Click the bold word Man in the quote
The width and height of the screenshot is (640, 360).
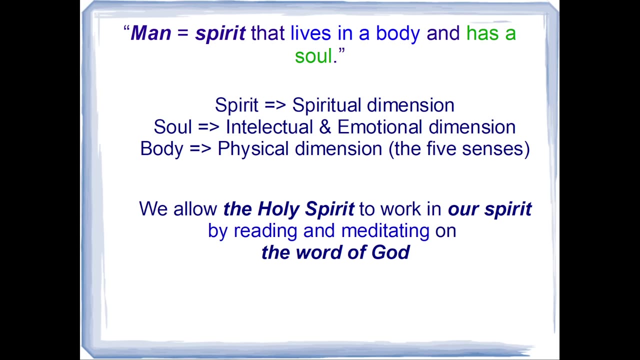click(x=151, y=33)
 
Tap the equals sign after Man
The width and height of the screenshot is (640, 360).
click(x=183, y=33)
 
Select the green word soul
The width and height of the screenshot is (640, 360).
click(x=313, y=55)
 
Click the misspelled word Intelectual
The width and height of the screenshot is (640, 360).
click(x=269, y=127)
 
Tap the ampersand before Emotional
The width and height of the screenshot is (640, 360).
click(x=325, y=127)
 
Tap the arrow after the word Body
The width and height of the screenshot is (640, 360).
click(x=200, y=148)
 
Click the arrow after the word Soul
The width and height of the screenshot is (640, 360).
click(x=208, y=127)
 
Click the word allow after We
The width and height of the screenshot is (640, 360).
click(x=195, y=208)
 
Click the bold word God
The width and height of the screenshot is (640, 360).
click(x=390, y=252)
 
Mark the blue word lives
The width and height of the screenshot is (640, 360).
click(x=310, y=33)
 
